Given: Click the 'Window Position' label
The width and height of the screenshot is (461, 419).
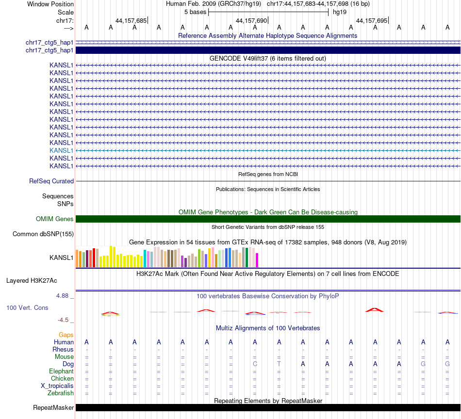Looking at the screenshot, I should pos(50,4).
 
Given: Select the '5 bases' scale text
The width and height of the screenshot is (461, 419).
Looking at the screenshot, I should pos(195,12).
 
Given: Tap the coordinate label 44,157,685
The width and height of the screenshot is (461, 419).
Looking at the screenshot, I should pos(131,20).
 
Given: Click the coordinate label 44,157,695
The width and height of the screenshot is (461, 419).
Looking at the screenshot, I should pos(371,20).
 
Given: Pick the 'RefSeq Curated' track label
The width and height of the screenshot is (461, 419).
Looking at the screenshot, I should pos(51,181).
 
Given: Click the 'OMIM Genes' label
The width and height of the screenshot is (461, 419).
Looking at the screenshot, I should pos(55,219).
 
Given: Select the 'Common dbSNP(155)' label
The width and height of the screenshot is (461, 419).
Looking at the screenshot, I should pos(43,234).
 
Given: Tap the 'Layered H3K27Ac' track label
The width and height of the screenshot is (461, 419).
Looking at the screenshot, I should pos(32,280).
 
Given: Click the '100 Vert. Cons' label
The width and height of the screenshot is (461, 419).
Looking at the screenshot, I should pos(28,307).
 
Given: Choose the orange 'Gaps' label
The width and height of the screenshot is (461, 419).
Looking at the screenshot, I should pos(66,335).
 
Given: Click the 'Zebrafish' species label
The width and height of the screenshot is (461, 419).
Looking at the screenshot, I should pos(61,393).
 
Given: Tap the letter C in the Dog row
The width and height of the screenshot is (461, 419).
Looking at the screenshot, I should pos(255,364).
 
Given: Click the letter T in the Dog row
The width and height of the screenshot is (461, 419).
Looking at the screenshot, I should pos(279,364).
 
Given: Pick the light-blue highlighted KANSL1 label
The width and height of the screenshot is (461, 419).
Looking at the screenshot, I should pos(61,150).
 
